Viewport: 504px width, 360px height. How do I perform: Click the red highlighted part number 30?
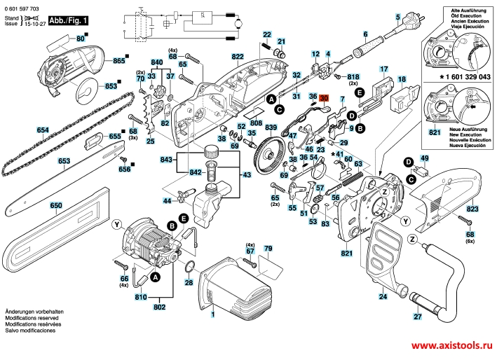[x=325, y=99]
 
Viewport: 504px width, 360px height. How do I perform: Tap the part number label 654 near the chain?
[x=23, y=130]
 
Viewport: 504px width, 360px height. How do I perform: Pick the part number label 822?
[x=238, y=56]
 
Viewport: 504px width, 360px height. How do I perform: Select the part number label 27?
[x=417, y=317]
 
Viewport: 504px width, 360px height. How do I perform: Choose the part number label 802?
[x=159, y=306]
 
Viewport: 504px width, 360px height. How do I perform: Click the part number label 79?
[x=267, y=249]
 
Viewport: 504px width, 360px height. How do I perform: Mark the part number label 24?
[x=383, y=296]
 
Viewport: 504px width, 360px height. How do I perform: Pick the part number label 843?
[x=166, y=160]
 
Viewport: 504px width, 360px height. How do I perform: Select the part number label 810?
[x=142, y=297]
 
